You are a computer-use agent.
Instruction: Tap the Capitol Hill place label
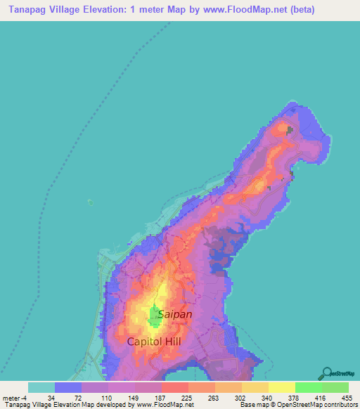tap(154, 342)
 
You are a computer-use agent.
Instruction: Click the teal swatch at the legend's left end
tap(41, 387)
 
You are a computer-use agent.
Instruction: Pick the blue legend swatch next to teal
tap(68, 387)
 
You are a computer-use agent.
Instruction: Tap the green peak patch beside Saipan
tap(154, 317)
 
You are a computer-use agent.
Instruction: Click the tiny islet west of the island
tap(90, 202)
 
